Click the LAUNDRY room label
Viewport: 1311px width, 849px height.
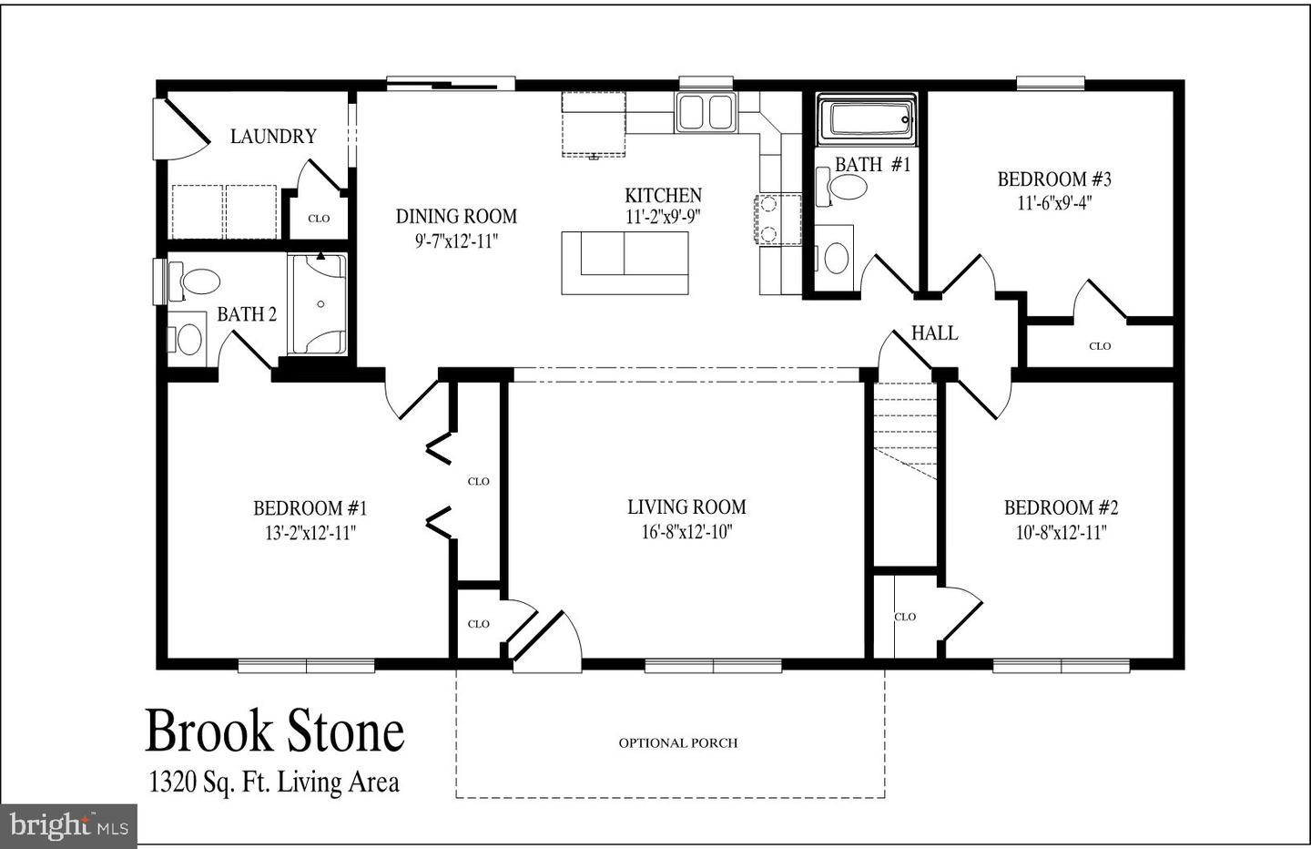pos(273,137)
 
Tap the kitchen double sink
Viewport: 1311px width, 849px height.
pos(706,112)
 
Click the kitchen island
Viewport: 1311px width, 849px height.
pos(625,262)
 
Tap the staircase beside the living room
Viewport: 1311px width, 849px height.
pos(905,428)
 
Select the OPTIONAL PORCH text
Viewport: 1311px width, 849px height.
pos(678,743)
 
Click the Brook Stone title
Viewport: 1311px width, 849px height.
pos(274,731)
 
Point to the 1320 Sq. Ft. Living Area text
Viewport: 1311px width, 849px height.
pos(274,782)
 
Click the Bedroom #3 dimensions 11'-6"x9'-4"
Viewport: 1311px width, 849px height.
pos(1054,203)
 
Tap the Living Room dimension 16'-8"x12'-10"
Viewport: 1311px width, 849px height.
pos(686,532)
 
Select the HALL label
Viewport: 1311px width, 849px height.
pos(934,333)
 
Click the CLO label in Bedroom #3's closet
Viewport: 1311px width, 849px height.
pos(1100,346)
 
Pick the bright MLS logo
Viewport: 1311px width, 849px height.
pos(68,825)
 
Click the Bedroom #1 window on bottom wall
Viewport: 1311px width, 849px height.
pos(306,666)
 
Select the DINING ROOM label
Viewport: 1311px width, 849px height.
pos(456,217)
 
